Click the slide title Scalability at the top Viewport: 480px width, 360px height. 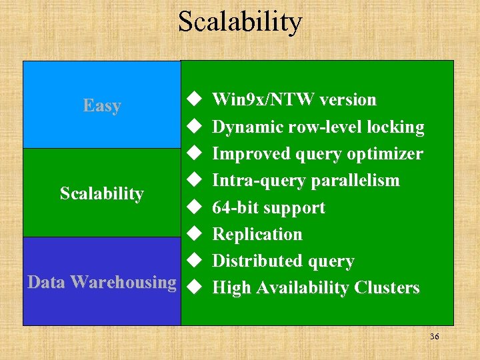click(x=239, y=21)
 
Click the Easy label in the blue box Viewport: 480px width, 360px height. click(x=102, y=105)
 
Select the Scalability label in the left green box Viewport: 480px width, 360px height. click(x=102, y=193)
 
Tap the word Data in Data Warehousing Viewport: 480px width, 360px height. click(x=46, y=282)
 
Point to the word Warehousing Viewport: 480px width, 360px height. click(x=123, y=283)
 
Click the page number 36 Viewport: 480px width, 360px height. click(x=434, y=337)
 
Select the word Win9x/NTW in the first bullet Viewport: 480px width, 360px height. click(x=263, y=100)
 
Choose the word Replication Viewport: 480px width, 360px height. click(x=257, y=234)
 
